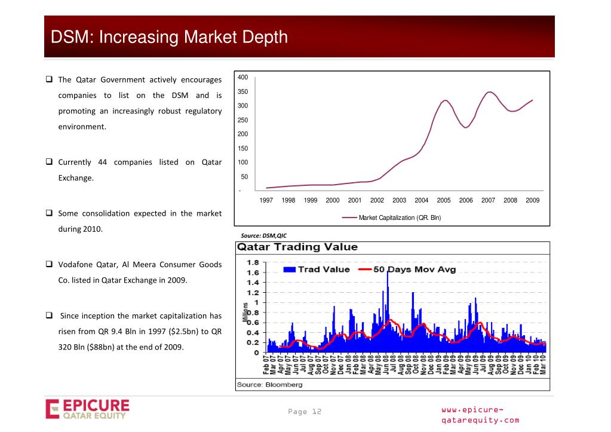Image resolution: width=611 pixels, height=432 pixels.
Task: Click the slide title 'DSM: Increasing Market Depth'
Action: click(x=169, y=38)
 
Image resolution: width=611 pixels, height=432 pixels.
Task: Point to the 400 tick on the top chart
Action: click(x=242, y=78)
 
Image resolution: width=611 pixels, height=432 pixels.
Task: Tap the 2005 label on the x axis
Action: click(x=444, y=201)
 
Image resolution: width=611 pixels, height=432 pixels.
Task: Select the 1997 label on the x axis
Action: click(x=266, y=201)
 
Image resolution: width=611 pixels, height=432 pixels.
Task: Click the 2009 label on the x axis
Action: click(x=532, y=201)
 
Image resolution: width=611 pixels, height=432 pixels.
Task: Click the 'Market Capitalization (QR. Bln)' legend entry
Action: click(x=400, y=217)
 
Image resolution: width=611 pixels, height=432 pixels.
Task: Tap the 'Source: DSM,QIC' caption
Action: click(x=263, y=235)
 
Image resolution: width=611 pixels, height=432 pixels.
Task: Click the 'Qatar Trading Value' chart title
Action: click(x=297, y=247)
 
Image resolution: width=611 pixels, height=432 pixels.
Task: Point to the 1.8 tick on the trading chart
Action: click(x=253, y=262)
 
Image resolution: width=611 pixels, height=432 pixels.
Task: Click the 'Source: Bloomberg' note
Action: click(x=269, y=385)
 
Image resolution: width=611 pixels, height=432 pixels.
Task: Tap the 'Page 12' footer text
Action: click(x=305, y=412)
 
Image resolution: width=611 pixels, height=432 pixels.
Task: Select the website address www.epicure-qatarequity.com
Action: click(x=480, y=415)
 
